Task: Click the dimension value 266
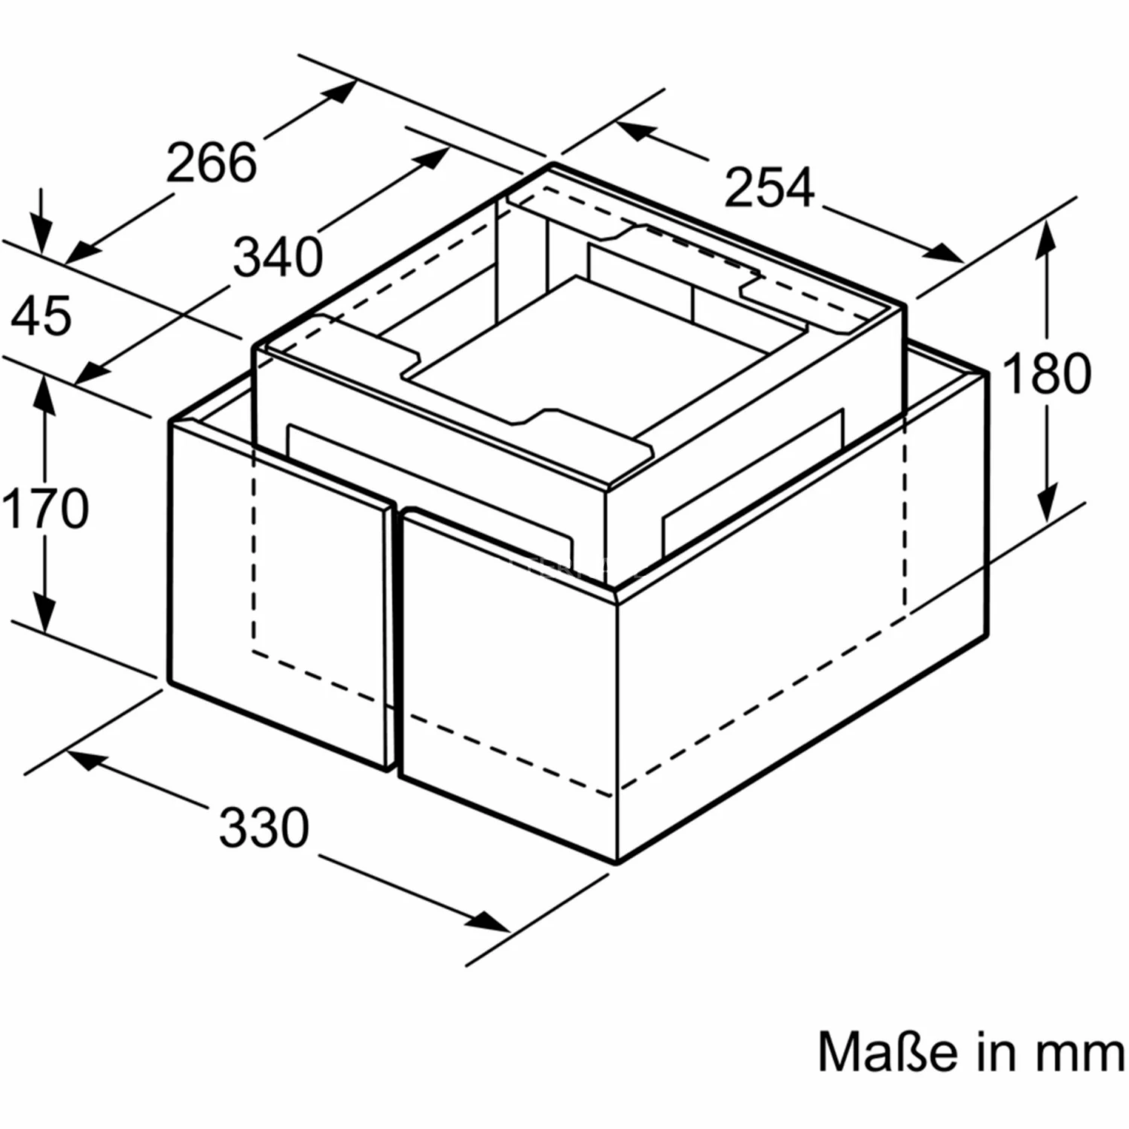211,163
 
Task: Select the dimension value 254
769,187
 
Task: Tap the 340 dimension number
278,257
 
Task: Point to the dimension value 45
42,316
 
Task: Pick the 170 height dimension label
45,509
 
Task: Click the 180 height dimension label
1046,373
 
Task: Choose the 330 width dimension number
264,827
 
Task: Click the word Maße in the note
887,1051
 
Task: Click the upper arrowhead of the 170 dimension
45,392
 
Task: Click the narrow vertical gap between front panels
397,640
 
